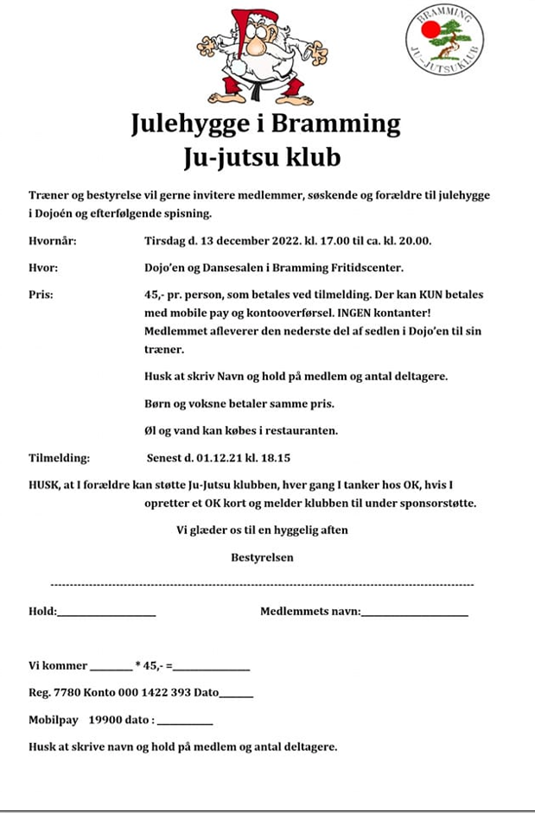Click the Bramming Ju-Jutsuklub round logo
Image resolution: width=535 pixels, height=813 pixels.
click(445, 39)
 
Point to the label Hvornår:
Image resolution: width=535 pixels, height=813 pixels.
click(52, 241)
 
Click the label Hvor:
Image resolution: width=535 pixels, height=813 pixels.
click(43, 268)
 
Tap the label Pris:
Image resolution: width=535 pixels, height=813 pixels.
click(41, 295)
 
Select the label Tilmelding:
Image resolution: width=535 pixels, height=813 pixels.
click(59, 458)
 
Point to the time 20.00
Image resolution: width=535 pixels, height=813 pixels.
click(413, 241)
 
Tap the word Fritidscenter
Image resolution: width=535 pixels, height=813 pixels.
click(366, 268)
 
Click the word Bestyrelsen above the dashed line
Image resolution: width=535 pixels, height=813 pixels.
click(262, 557)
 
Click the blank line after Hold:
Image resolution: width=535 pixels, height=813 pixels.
click(106, 614)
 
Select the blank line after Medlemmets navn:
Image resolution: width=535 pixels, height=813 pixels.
click(414, 614)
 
